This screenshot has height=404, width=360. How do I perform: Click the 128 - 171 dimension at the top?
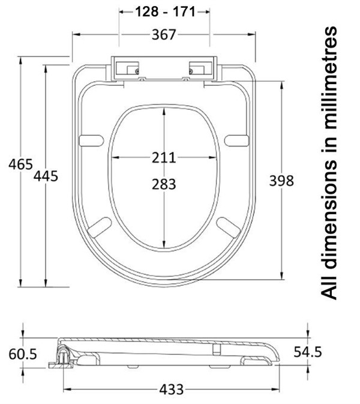[x=165, y=12]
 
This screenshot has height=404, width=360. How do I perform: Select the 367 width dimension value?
[x=164, y=35]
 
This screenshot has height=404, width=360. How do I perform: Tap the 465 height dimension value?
[x=20, y=164]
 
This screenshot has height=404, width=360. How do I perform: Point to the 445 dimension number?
[x=46, y=176]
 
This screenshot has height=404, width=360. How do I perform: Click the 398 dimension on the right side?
[x=281, y=181]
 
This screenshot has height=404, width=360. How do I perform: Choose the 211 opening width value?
[x=164, y=157]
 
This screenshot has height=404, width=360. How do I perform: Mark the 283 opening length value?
[x=164, y=184]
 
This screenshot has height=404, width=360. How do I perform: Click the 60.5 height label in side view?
[x=23, y=354]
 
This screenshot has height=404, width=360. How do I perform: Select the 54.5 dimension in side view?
[x=308, y=352]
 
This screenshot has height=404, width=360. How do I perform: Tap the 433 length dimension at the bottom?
[x=171, y=390]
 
